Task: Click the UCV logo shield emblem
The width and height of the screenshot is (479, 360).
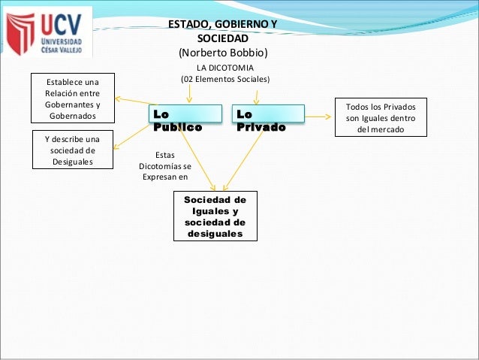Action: pyautogui.click(x=20, y=33)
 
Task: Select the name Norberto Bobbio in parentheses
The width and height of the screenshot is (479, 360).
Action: pyautogui.click(x=221, y=53)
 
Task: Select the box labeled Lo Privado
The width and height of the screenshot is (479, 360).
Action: pyautogui.click(x=268, y=121)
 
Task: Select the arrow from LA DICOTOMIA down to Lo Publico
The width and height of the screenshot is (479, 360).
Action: pyautogui.click(x=189, y=94)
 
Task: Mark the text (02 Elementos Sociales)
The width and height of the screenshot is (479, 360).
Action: pyautogui.click(x=224, y=79)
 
